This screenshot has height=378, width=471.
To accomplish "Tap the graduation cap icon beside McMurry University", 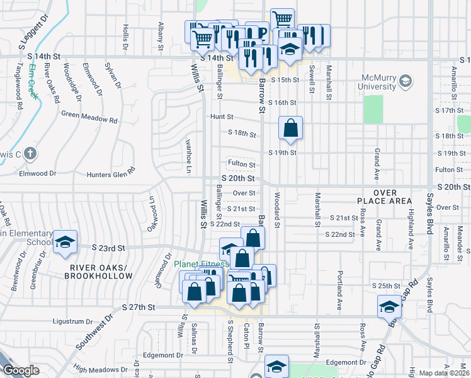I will (x=406, y=81).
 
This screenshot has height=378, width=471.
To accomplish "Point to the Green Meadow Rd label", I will (x=89, y=116).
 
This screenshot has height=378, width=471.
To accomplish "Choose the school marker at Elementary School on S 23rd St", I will (x=64, y=243).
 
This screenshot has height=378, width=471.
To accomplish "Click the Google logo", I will (x=21, y=370).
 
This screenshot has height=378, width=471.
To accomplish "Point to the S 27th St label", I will (x=142, y=307).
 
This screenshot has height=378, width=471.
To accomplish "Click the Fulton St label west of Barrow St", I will (x=241, y=164).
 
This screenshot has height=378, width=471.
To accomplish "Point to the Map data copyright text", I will (x=445, y=373).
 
